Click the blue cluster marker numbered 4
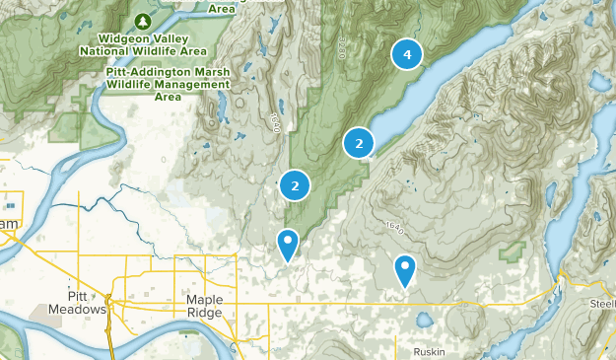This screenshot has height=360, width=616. click(x=407, y=54)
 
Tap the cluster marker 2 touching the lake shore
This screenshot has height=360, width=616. click(x=359, y=144)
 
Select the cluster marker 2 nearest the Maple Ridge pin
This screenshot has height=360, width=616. click(x=295, y=184)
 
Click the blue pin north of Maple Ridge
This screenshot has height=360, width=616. click(x=287, y=242)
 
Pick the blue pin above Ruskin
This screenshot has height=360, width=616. click(x=404, y=267)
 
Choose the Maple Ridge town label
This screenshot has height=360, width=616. click(x=204, y=306)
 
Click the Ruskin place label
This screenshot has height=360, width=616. click(x=430, y=352)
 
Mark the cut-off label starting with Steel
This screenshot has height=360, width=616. click(x=601, y=302)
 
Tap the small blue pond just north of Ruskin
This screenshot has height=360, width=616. click(x=424, y=321)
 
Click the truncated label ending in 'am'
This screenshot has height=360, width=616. click(x=9, y=226)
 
